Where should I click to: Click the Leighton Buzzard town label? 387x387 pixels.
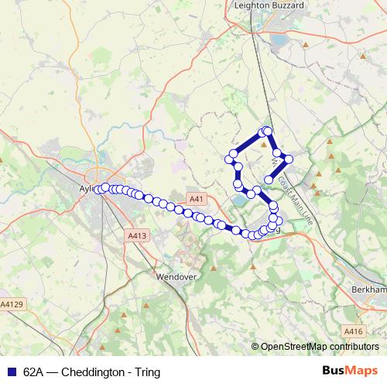(269, 5)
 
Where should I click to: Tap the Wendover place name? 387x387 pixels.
(177, 276)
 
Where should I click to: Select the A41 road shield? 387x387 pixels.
(197, 199)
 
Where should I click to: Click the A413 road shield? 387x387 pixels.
(136, 235)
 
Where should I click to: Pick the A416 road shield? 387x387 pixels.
(353, 331)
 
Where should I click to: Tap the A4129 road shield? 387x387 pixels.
(12, 305)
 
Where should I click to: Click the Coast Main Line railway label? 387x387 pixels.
(296, 200)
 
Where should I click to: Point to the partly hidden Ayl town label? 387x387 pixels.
(86, 187)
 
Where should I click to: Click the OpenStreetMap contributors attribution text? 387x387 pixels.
(320, 347)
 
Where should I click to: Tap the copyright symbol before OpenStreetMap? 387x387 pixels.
(255, 347)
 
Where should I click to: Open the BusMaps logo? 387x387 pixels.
(350, 372)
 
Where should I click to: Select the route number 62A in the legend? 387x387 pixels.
(34, 372)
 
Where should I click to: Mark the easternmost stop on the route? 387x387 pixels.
(289, 159)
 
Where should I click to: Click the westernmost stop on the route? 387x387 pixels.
(98, 189)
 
